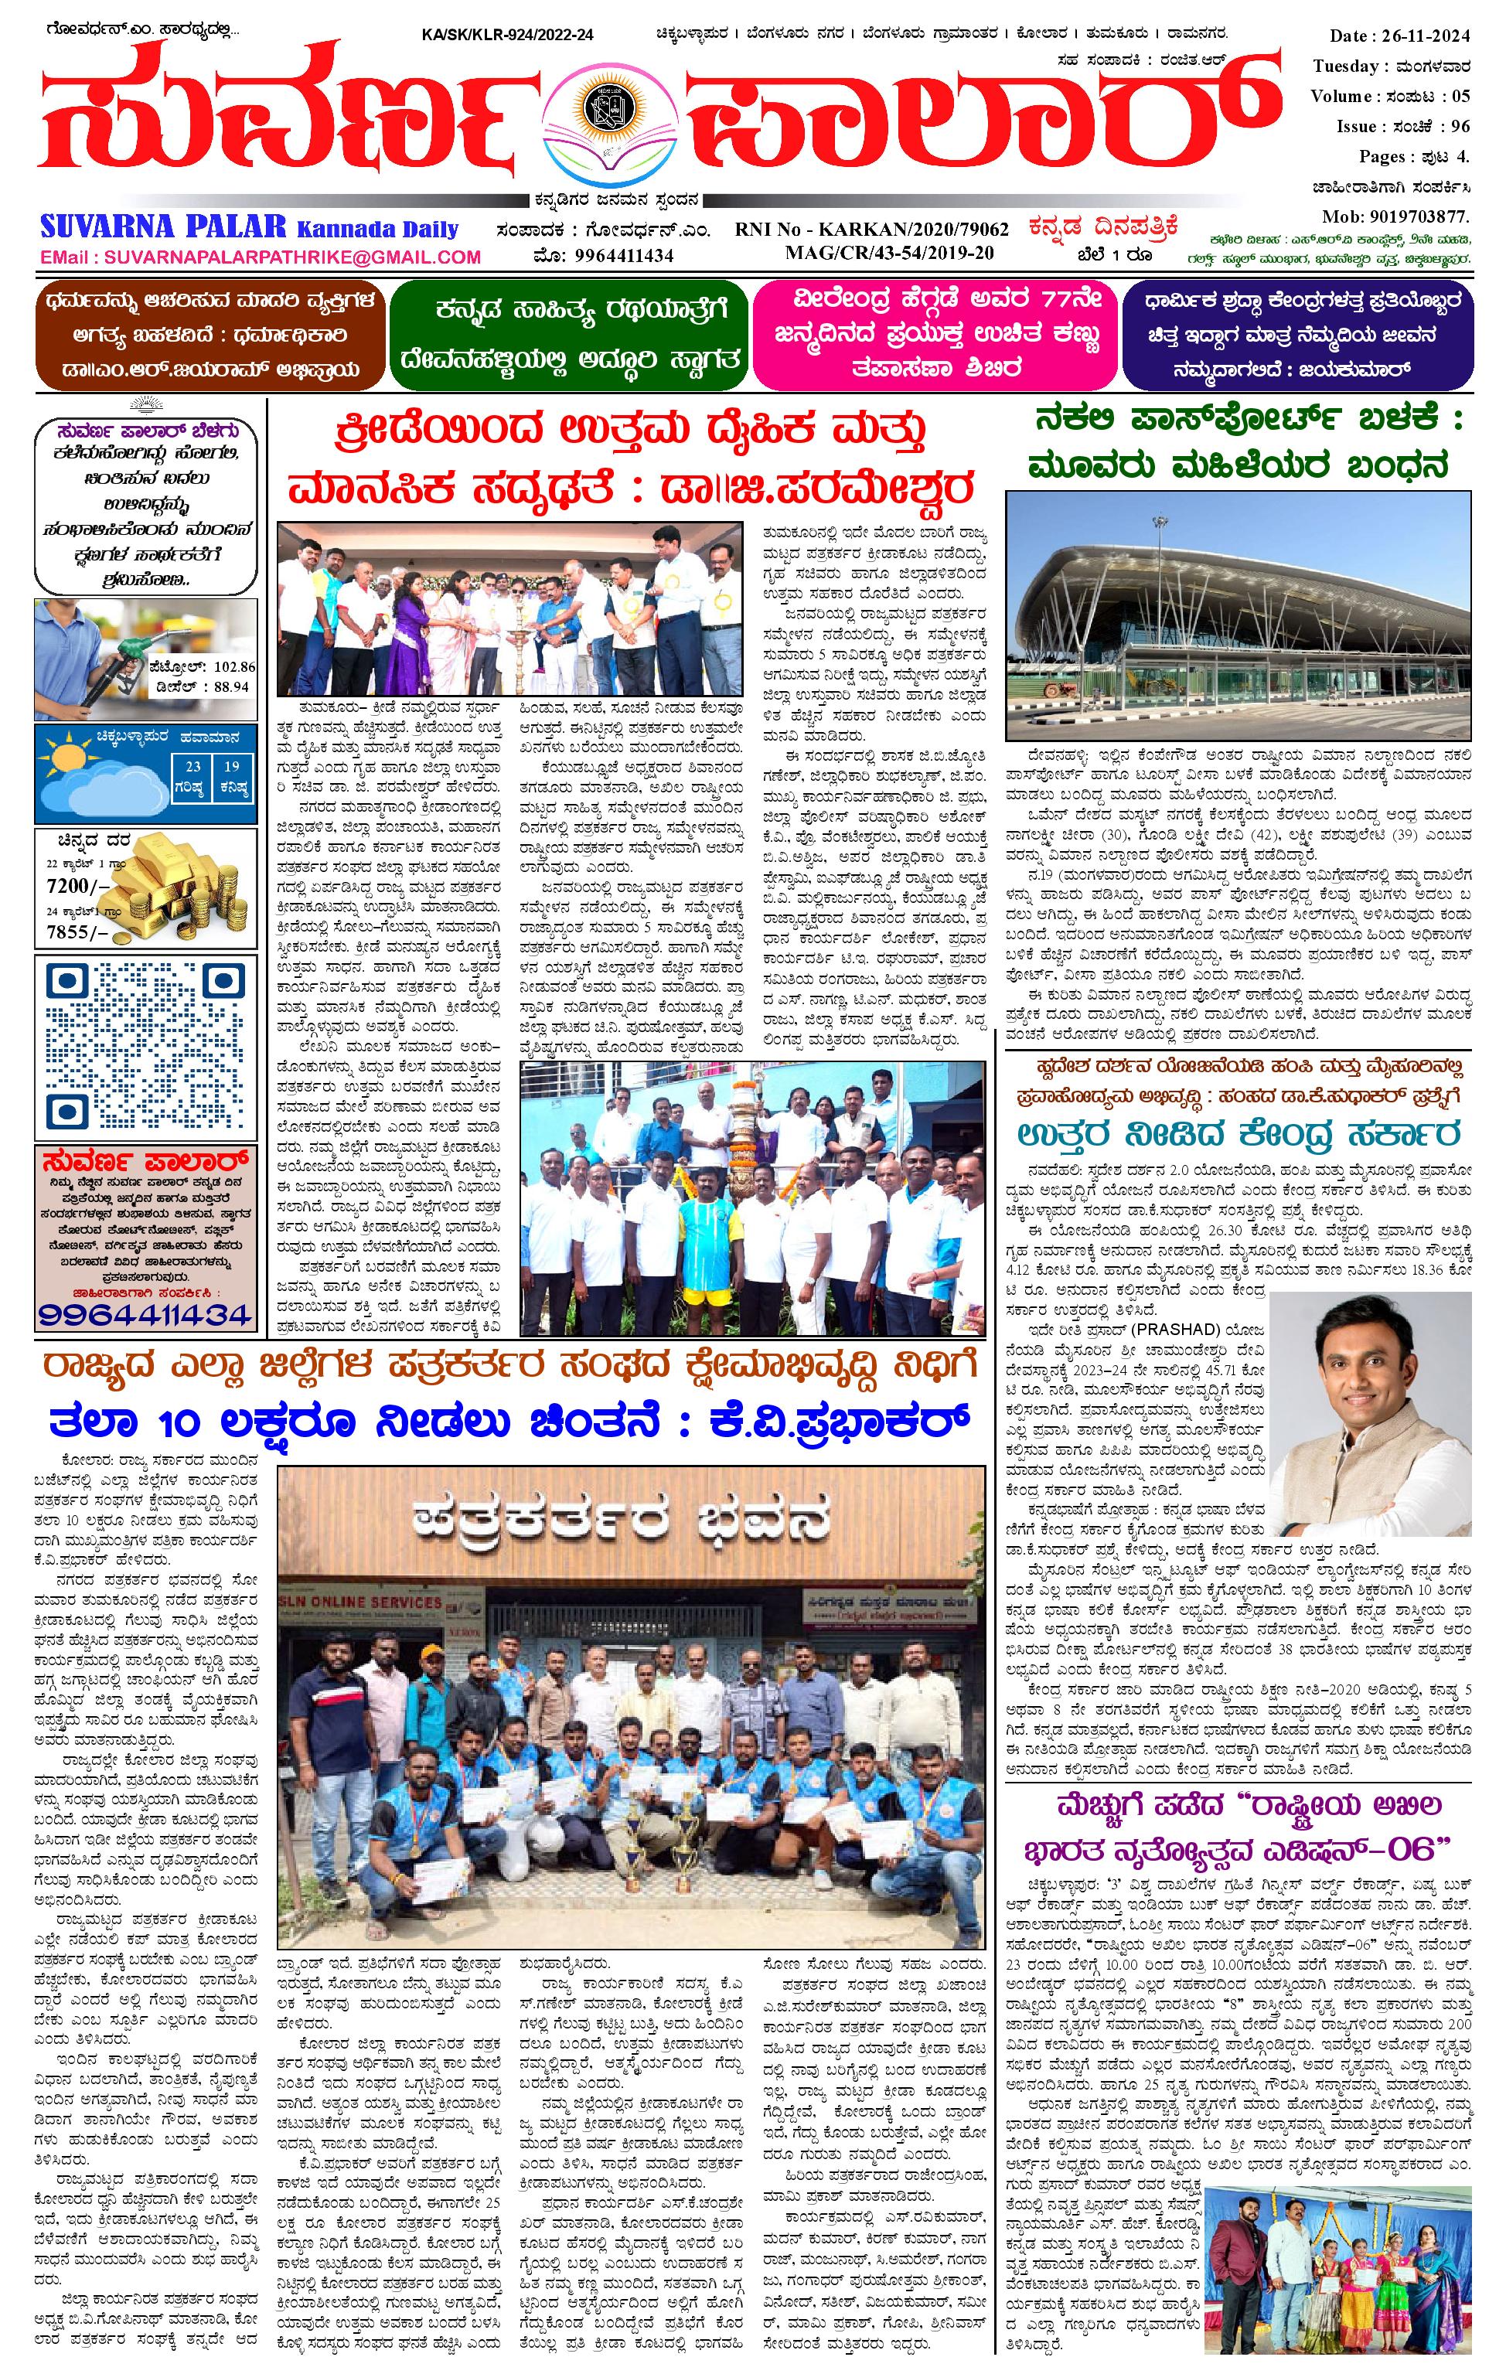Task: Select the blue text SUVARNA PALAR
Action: pos(162,228)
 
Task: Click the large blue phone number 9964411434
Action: pos(145,1313)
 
